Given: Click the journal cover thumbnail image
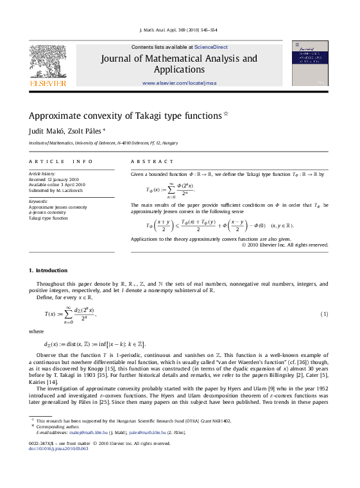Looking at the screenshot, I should [x=310, y=62].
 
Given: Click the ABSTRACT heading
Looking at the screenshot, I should [x=152, y=161].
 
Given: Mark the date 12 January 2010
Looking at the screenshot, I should [x=62, y=179].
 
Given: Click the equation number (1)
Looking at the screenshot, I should [x=325, y=314].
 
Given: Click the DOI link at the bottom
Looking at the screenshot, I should [x=56, y=449].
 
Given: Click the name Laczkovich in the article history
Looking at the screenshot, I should [x=70, y=190].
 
